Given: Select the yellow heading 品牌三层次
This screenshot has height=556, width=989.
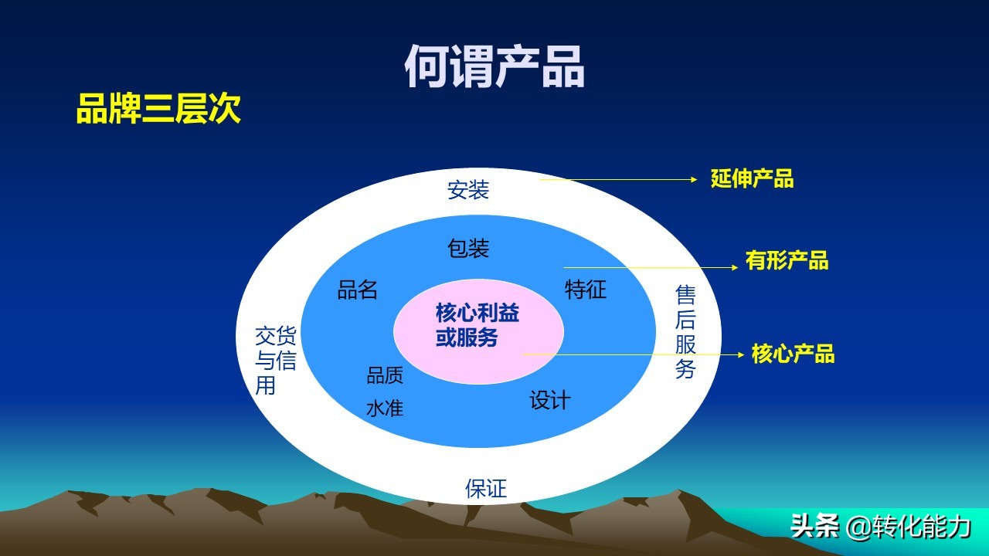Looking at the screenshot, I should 158,109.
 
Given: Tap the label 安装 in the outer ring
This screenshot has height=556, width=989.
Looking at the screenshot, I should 468,189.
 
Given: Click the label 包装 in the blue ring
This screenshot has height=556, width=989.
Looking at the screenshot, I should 468,248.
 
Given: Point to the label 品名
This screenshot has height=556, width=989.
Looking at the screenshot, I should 358,290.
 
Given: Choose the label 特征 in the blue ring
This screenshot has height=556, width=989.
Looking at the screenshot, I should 586,290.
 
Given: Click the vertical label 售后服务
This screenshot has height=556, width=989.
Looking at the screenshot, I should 685,331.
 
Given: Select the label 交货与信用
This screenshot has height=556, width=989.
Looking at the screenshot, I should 275,360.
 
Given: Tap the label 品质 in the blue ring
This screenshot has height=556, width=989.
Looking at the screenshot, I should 385,375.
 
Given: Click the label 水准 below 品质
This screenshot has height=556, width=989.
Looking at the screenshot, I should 385,408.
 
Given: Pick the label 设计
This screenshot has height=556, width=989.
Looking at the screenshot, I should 549,400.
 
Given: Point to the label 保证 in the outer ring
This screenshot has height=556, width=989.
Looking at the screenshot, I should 486,488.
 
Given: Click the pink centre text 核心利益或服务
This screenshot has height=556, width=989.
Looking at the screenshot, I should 477,325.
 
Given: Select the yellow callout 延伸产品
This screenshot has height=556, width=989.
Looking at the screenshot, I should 752,179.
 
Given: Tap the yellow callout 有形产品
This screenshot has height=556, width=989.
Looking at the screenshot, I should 787,260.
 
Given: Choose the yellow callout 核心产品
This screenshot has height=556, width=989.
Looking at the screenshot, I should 793,354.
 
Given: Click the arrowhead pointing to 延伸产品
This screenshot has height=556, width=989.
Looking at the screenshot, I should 694,179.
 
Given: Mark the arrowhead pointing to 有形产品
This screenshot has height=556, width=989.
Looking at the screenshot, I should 734,268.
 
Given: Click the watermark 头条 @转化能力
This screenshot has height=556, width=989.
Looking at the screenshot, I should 881,527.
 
